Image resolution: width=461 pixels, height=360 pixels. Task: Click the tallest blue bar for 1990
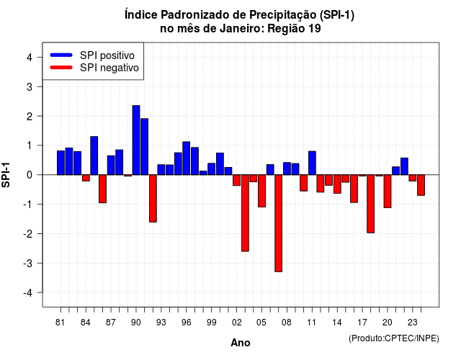(x=136, y=140)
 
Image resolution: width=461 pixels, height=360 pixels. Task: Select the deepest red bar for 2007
(x=279, y=223)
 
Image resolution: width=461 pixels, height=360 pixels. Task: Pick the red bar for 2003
(x=245, y=213)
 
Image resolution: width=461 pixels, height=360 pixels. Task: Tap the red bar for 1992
(x=153, y=199)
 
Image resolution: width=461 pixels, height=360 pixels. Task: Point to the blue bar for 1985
(x=94, y=156)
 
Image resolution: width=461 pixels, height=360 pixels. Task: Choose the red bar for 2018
(x=371, y=204)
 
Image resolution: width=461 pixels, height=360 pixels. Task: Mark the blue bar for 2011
(x=312, y=163)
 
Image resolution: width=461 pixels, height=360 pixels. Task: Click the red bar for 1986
(x=102, y=189)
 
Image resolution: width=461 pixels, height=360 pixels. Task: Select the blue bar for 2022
(x=404, y=166)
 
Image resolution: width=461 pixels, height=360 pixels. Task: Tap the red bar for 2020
(x=388, y=192)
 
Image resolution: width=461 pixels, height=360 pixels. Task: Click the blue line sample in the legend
(x=61, y=55)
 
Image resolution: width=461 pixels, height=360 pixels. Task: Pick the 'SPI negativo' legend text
(x=109, y=68)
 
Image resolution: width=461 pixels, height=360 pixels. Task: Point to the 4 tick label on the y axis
(x=30, y=58)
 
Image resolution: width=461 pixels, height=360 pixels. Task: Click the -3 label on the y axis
(x=28, y=263)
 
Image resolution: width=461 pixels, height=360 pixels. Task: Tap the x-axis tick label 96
(x=186, y=323)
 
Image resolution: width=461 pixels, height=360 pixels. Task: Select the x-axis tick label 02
(x=237, y=323)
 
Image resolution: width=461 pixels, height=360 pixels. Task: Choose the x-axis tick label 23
(x=413, y=323)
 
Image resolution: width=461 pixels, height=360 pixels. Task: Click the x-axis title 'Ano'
(x=241, y=343)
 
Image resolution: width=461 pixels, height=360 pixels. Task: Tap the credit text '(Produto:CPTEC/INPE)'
(x=394, y=338)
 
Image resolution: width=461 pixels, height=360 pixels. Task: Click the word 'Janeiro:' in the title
(x=242, y=29)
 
